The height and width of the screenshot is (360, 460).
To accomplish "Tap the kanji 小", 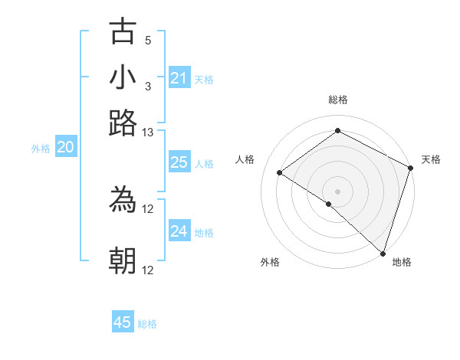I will coord(123,77).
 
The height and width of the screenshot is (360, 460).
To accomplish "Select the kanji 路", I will coord(123,123).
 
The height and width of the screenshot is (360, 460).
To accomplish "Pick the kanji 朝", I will coord(123,260).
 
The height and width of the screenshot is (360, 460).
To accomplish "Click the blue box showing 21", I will coord(179,78).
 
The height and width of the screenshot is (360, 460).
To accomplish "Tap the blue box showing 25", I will coord(179,162).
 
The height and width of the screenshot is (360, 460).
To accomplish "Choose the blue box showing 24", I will coord(179,231).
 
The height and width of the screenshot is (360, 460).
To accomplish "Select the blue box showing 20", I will coord(65,148).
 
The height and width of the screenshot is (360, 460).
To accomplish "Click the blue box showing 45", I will coord(123,322).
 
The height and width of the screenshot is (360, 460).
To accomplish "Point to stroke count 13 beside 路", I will coord(148,133).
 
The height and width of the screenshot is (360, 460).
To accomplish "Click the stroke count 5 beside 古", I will coord(148,40).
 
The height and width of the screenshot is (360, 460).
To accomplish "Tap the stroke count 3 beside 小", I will coord(148,86).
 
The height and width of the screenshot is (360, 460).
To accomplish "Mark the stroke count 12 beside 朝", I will coord(148,270).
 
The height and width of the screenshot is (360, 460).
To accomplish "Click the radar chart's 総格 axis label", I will coord(338,100).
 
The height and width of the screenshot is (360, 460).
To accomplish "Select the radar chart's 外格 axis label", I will coord(270,262).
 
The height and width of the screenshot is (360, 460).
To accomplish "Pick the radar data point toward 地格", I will coord(383,253).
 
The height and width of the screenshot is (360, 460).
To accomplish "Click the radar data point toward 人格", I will coord(280,172).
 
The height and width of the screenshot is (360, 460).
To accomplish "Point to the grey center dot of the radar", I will coord(338,191).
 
